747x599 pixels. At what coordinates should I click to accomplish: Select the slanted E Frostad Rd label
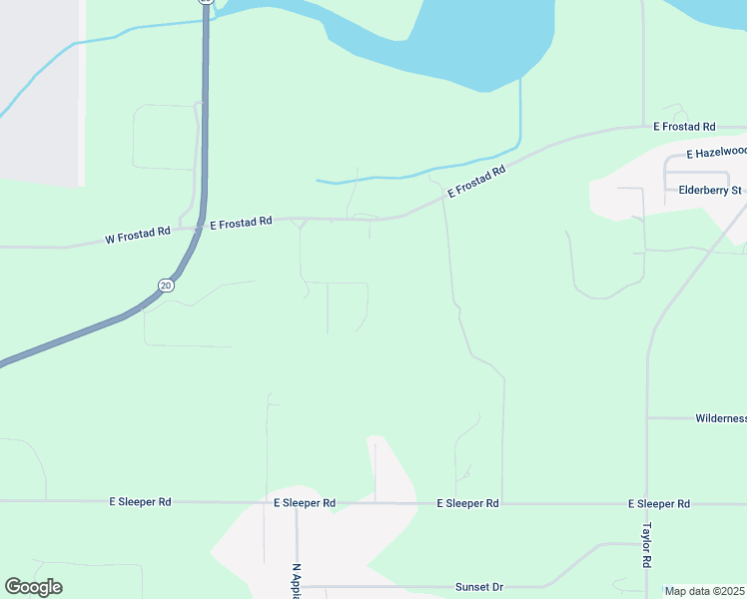pos(476,182)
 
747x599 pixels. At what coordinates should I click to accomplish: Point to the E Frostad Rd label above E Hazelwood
pos(684,127)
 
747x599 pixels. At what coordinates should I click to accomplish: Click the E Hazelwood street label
pos(716,153)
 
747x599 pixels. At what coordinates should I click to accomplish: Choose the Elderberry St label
pos(710,190)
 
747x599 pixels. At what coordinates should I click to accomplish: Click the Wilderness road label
pos(719,418)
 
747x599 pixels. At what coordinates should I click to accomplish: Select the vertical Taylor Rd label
pos(646,545)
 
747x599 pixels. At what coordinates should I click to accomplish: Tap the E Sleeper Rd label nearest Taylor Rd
pos(658,504)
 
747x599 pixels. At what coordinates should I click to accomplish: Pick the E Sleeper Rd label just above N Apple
pos(304,504)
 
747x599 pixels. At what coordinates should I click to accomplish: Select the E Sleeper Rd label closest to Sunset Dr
pos(467,504)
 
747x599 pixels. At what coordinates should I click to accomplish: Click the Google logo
pos(33,587)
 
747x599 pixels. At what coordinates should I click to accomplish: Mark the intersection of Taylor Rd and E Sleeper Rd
pos(647,502)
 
